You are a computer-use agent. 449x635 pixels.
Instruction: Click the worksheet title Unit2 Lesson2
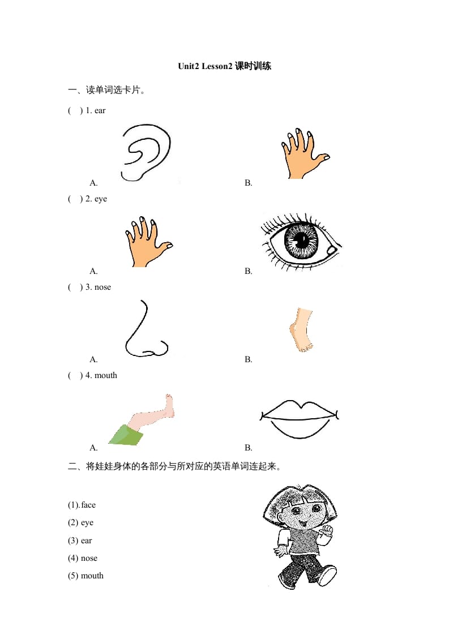[x=224, y=66]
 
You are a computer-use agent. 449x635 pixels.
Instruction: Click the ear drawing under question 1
[x=145, y=152]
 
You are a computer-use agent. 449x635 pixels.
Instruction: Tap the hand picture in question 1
[x=303, y=155]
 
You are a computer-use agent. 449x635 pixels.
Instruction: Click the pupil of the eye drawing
[x=301, y=239]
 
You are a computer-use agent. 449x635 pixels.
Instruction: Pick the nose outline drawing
[x=146, y=331]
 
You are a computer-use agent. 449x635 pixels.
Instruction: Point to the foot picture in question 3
[x=301, y=331]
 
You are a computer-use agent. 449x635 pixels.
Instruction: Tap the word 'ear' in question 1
[x=100, y=110]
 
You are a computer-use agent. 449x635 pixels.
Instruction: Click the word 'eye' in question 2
[x=100, y=199]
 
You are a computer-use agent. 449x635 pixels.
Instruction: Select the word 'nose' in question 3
[x=102, y=287]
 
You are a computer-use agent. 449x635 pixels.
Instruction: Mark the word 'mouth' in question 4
[x=105, y=375]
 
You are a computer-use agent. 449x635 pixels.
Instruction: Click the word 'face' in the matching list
[x=88, y=505]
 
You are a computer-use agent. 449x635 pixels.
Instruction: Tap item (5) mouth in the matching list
[x=85, y=576]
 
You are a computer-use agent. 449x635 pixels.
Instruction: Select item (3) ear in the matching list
[x=80, y=540]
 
